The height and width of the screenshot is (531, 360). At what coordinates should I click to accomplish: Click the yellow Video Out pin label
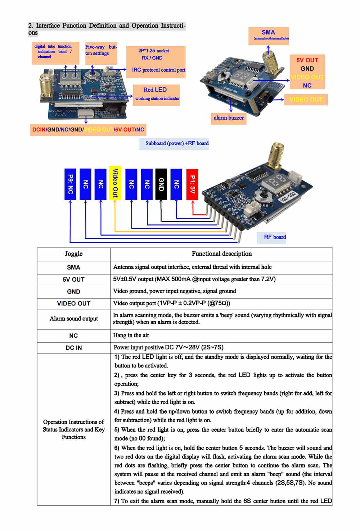pyautogui.click(x=115, y=183)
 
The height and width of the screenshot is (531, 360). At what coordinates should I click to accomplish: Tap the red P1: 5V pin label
pyautogui.click(x=192, y=184)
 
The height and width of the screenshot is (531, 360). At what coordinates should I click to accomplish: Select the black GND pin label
pyautogui.click(x=161, y=184)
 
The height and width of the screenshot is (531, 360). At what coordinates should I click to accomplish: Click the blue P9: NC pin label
pyautogui.click(x=70, y=184)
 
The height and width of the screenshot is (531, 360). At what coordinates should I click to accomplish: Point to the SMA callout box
pyautogui.click(x=269, y=35)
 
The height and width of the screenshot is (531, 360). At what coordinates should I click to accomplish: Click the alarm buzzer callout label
pyautogui.click(x=229, y=118)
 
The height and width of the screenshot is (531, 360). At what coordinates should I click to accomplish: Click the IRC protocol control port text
pyautogui.click(x=158, y=70)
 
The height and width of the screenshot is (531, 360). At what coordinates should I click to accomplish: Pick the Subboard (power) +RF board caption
pyautogui.click(x=177, y=143)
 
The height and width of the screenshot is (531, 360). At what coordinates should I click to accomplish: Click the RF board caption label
pyautogui.click(x=275, y=237)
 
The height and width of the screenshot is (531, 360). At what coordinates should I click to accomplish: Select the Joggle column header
pyautogui.click(x=73, y=254)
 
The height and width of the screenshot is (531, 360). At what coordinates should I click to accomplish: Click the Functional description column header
pyautogui.click(x=221, y=254)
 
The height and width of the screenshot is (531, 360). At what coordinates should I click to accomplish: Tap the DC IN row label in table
pyautogui.click(x=73, y=348)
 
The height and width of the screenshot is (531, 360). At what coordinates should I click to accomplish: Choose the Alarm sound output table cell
pyautogui.click(x=73, y=319)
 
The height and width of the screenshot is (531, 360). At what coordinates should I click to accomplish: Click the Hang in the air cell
pyautogui.click(x=131, y=335)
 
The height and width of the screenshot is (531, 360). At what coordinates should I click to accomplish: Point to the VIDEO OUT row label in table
pyautogui.click(x=73, y=304)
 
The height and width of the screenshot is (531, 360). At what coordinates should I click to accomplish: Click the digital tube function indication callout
pyautogui.click(x=53, y=52)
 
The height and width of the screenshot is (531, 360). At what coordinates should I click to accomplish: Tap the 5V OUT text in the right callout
pyautogui.click(x=307, y=60)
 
